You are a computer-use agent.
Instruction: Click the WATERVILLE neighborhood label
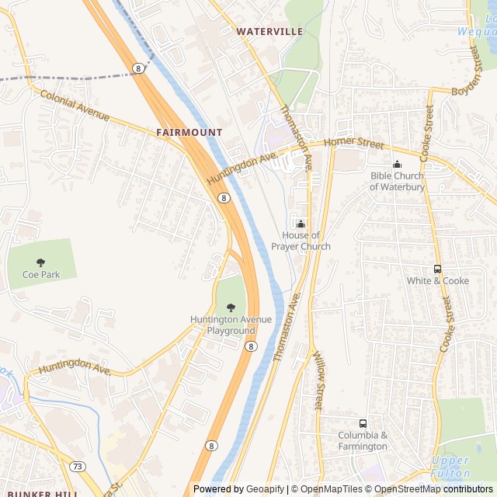pos(269,31)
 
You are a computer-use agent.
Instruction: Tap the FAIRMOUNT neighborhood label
pos(189,133)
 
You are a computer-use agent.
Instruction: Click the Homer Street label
pos(354,143)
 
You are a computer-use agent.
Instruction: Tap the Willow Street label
pos(318,381)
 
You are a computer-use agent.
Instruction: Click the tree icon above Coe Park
pos(41,262)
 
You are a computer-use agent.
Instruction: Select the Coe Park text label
pos(41,275)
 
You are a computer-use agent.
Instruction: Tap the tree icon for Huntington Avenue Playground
pos(231,308)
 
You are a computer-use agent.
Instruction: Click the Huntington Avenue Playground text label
pos(231,325)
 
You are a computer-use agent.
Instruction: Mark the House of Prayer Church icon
pos(301,224)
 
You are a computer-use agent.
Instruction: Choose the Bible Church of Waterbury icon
pos(397,164)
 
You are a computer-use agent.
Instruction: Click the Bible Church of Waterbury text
pos(397,181)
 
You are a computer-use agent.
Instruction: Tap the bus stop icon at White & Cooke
pos(438,269)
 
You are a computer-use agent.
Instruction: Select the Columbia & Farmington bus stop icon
pos(363,423)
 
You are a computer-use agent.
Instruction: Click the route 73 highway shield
pos(78,465)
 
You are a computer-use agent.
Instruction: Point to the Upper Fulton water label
pos(451,467)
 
